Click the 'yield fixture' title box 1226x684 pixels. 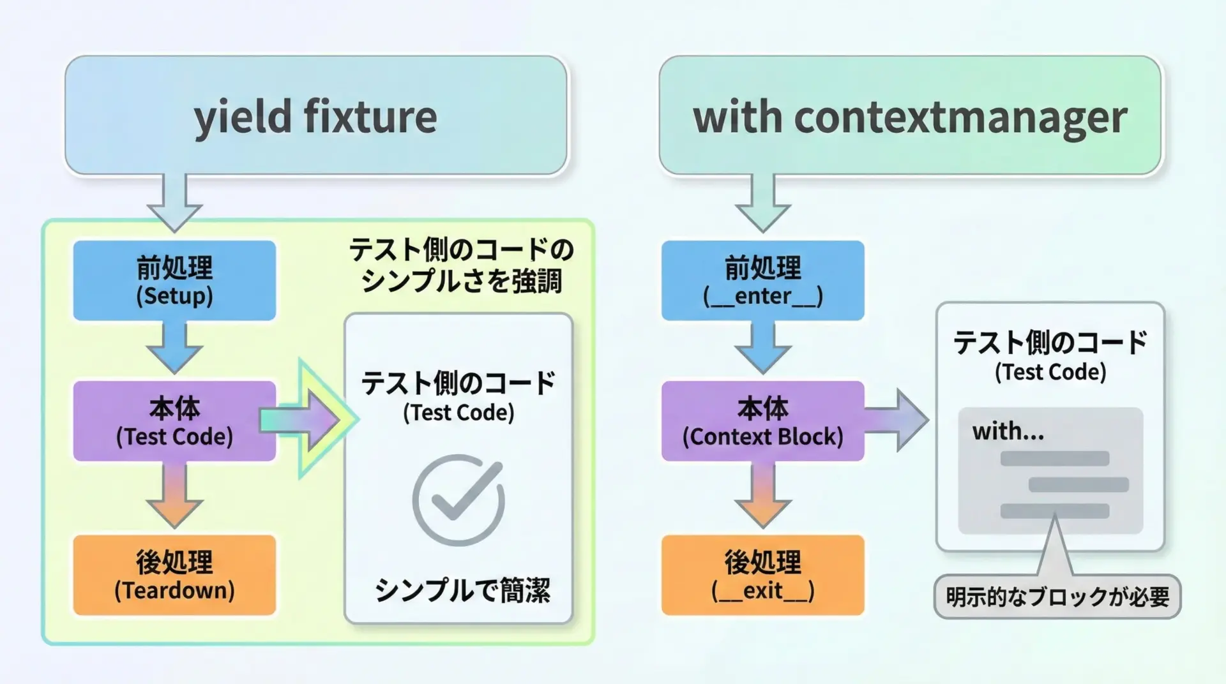pos(315,115)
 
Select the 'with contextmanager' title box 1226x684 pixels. pos(910,115)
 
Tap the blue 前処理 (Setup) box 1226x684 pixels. pos(174,281)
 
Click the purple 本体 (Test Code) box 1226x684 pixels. pos(174,421)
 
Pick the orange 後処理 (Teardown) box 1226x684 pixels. pos(174,575)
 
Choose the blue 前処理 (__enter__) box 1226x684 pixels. pos(762,281)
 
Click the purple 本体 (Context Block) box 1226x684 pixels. pos(762,421)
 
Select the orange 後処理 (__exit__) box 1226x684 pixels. pos(762,575)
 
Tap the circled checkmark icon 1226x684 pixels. pos(458,500)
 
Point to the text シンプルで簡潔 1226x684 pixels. pos(462,590)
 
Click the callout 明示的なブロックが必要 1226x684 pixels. pos(1057,597)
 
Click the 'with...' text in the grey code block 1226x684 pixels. pos(1008,432)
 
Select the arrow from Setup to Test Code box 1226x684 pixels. pos(174,348)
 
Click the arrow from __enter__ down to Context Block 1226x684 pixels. pos(762,348)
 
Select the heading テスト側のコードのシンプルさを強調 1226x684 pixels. pos(461,265)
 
